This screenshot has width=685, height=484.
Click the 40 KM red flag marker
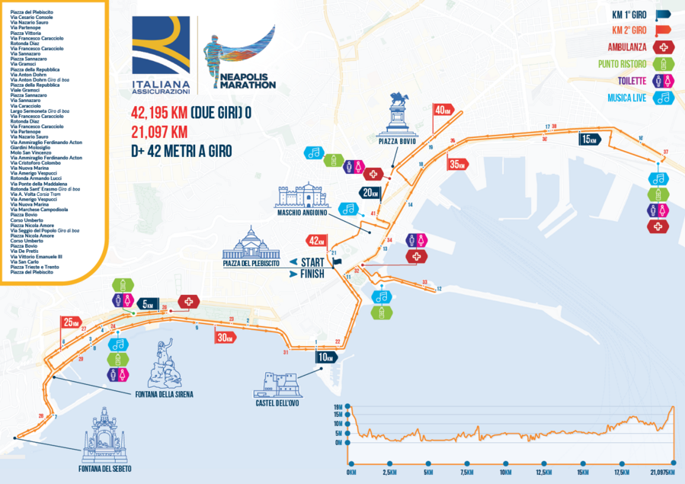tap(443, 110)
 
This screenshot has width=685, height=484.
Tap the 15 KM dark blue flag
tap(589, 139)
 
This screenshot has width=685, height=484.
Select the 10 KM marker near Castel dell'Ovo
tap(326, 357)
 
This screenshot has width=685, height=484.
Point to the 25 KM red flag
tap(71, 321)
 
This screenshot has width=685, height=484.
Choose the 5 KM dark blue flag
tap(147, 301)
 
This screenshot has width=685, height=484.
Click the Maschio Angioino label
tap(302, 213)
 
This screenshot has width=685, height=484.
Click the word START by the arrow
tap(307, 262)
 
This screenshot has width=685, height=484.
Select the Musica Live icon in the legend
tap(664, 98)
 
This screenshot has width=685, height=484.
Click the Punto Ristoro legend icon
tap(664, 63)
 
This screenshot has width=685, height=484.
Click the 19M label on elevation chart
tap(338, 407)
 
